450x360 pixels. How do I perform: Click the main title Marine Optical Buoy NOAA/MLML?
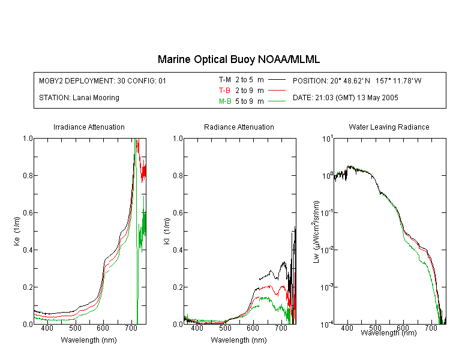pos(238,59)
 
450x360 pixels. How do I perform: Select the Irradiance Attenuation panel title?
pos(89,127)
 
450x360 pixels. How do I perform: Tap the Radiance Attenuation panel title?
pos(239,127)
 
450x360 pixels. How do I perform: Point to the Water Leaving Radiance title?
pos(389,127)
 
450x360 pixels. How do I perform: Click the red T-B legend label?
pos(224,91)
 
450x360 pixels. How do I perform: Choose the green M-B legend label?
pos(225,101)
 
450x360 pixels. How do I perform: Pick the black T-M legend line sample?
pos(277,80)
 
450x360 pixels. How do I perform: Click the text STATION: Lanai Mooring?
pos(79,98)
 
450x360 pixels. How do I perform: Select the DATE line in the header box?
pos(345,98)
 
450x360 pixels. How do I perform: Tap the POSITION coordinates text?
pos(357,81)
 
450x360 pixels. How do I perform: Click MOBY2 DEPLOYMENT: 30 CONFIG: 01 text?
pos(103,81)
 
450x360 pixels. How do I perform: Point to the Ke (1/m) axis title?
pos(17,231)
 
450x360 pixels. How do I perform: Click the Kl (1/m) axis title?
pos(167,231)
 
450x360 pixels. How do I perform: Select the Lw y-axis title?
pos(316,232)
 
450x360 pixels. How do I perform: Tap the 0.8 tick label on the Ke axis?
pos(28,175)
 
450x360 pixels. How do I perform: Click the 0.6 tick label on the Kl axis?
pos(178,213)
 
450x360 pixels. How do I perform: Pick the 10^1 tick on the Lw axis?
pos(328,139)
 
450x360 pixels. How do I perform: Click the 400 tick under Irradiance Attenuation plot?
pos(47,328)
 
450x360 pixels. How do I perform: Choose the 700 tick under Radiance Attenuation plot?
pos(281,328)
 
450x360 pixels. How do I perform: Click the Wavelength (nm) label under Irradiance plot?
pos(89,340)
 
